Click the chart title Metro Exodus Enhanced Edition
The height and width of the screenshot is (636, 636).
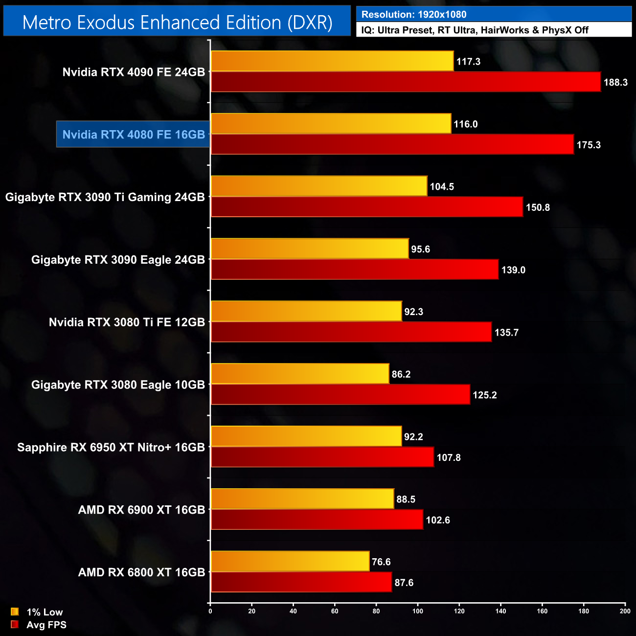[177, 23]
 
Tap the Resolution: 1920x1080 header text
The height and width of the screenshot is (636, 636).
[413, 15]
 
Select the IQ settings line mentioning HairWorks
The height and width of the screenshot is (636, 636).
[475, 30]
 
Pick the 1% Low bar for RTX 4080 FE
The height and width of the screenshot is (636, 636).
[331, 124]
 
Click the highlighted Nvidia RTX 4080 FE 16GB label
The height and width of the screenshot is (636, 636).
[133, 135]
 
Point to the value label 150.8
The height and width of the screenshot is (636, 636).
[538, 207]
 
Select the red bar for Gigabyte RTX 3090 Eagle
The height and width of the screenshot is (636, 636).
[354, 270]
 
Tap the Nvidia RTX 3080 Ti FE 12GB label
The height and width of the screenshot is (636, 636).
[127, 322]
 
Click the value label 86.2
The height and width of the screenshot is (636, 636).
[401, 374]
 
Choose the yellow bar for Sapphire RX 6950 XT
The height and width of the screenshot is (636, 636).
[306, 436]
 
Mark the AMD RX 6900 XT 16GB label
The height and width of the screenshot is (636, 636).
[141, 510]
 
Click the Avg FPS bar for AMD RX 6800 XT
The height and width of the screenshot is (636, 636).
[301, 582]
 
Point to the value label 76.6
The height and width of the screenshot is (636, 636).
[381, 562]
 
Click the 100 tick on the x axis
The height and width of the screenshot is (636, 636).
[418, 611]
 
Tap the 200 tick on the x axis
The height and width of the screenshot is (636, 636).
[625, 611]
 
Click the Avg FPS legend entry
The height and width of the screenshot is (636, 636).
[39, 625]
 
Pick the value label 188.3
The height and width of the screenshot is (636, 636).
[615, 82]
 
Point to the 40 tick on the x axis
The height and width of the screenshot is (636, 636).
[293, 611]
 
